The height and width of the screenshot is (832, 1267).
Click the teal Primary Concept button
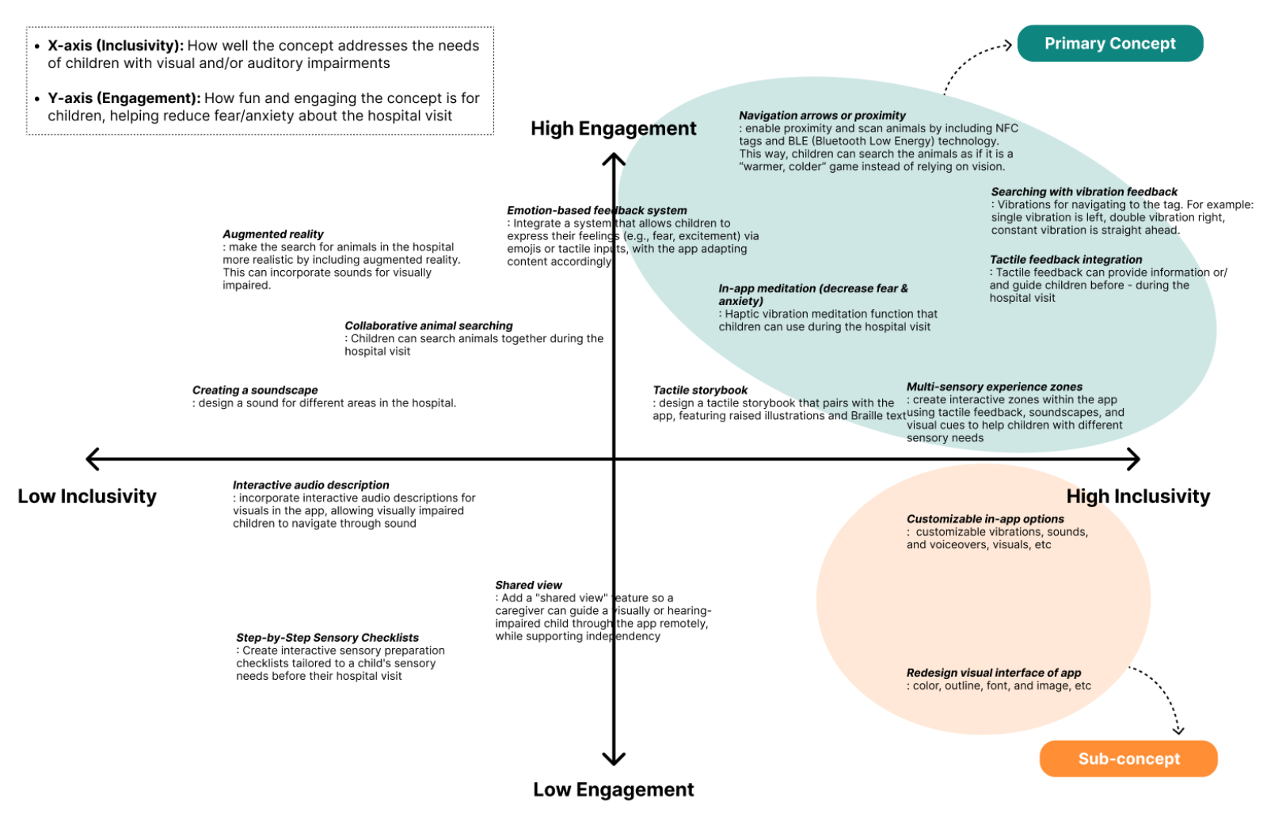click(1109, 44)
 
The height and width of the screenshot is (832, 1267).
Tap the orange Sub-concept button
click(1128, 758)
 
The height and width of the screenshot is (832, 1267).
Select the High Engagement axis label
click(613, 128)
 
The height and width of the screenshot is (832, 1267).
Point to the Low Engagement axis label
click(613, 789)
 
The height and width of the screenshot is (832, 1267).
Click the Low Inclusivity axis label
click(87, 496)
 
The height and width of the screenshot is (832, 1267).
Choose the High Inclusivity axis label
click(1138, 496)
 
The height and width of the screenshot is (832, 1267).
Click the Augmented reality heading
click(272, 234)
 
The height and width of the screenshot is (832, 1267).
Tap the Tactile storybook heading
click(700, 390)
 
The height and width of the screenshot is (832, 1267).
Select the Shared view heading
click(528, 585)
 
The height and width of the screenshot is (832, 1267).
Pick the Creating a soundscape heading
click(254, 390)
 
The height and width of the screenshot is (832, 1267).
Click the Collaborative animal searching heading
click(428, 326)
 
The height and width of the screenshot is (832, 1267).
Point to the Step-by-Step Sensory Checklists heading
click(327, 637)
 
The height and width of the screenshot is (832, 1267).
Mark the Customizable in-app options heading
click(985, 519)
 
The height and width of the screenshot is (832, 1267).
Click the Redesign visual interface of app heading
click(994, 673)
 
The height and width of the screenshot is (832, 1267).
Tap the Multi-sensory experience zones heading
click(995, 387)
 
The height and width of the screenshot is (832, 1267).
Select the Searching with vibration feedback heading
click(1084, 192)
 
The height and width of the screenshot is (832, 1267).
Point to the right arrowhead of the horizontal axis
click(1134, 459)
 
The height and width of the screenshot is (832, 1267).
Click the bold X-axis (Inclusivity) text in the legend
click(116, 46)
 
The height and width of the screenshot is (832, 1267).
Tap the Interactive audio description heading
click(310, 485)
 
